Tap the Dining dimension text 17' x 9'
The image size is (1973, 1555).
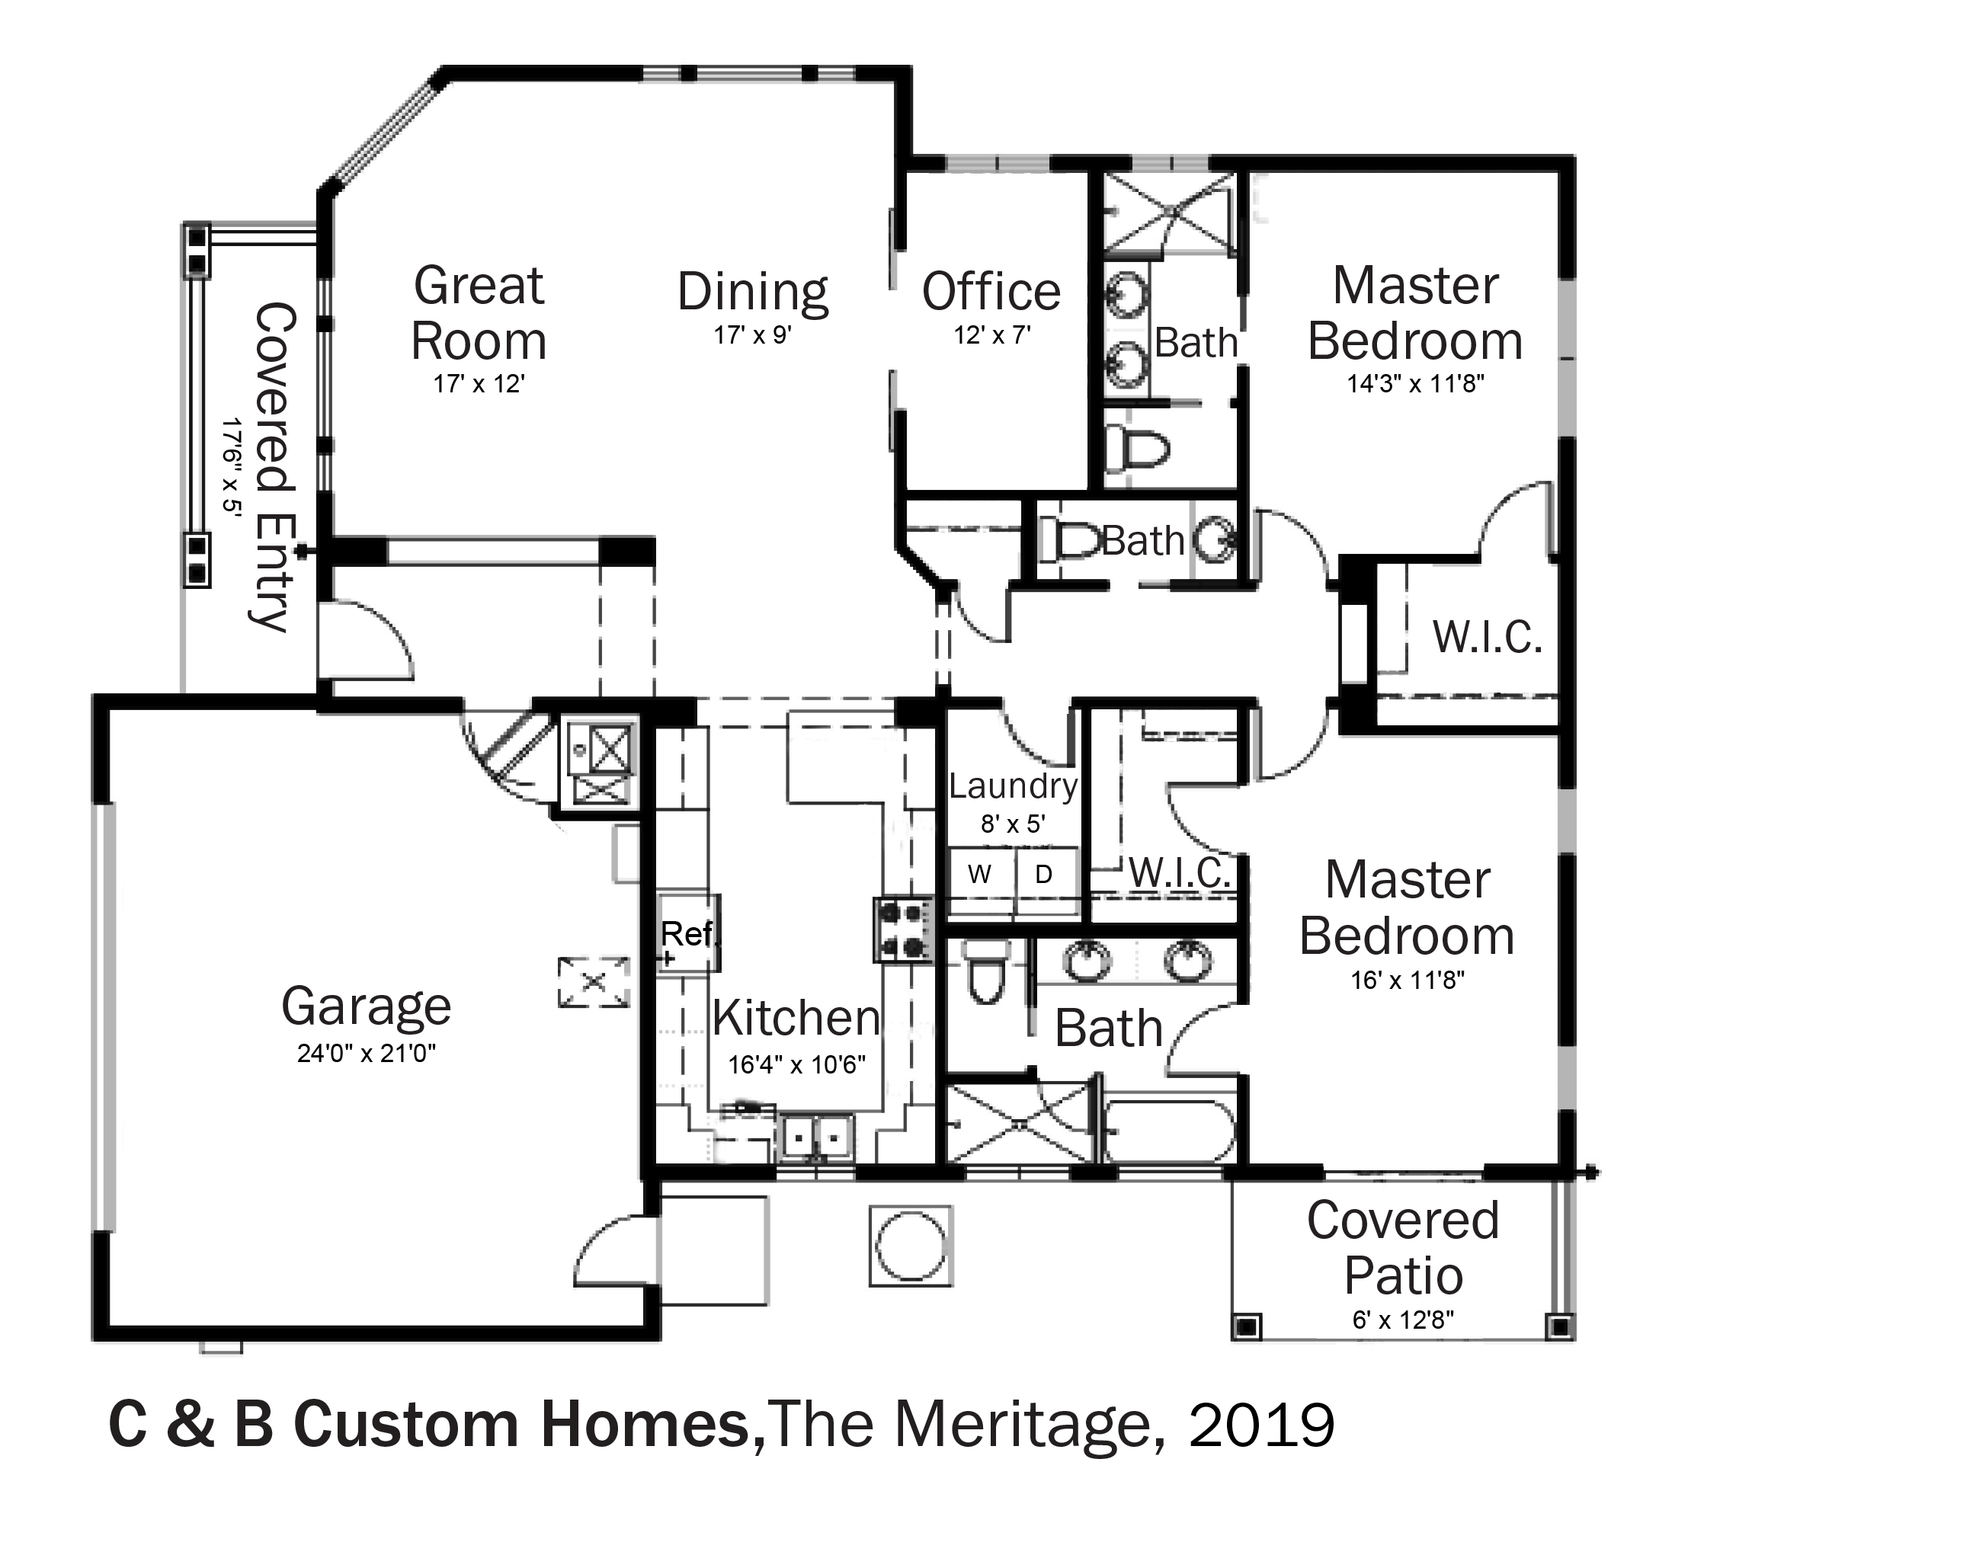point(753,336)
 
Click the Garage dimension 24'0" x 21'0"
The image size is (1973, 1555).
point(366,1054)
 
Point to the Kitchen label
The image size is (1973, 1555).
point(796,1018)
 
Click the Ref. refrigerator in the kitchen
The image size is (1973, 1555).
point(688,933)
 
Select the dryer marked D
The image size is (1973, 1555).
point(1046,874)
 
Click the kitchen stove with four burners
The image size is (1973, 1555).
point(904,929)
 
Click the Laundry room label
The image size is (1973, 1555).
point(1013,786)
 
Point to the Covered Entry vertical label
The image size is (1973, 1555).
point(272,467)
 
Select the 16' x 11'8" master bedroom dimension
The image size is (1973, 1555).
point(1408,981)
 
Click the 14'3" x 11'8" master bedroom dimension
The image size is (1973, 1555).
point(1416,384)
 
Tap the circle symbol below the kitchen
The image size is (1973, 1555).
point(911,1246)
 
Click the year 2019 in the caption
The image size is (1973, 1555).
point(1261,1425)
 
